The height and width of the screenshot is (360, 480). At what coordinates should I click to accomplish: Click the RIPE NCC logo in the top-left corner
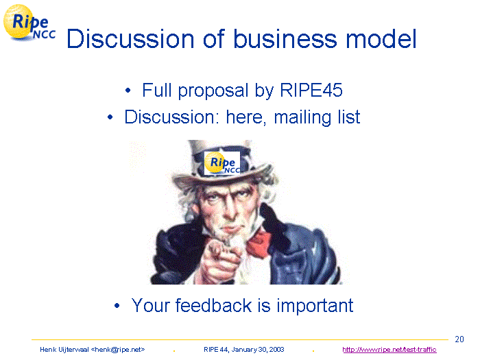pos(29,23)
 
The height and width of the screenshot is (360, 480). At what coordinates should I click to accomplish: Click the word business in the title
pos(285,38)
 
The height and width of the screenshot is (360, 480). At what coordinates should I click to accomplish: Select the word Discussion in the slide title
pos(130,38)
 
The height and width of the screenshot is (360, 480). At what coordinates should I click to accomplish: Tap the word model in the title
pos(381,38)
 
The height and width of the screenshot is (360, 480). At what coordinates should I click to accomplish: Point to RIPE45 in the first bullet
pos(311,91)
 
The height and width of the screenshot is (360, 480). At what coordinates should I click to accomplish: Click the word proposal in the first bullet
pos(213,91)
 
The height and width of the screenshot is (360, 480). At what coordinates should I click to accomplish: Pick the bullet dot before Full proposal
pos(128,91)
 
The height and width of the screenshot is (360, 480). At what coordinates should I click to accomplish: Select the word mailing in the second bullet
pos(303,117)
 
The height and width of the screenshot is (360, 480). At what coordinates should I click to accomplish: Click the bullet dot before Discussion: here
pos(110,117)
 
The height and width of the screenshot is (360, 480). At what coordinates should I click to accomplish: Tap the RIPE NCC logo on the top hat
pos(222,163)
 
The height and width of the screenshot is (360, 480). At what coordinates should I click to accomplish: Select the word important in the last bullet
pos(315,306)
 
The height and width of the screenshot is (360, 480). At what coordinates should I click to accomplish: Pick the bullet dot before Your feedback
pos(117,306)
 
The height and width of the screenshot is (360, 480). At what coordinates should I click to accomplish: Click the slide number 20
pos(459,339)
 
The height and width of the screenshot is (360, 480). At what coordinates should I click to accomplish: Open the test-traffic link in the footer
pos(389,350)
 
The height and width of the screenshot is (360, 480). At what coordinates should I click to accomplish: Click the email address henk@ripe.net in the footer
pos(118,350)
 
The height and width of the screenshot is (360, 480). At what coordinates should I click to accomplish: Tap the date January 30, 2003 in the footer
pos(258,350)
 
